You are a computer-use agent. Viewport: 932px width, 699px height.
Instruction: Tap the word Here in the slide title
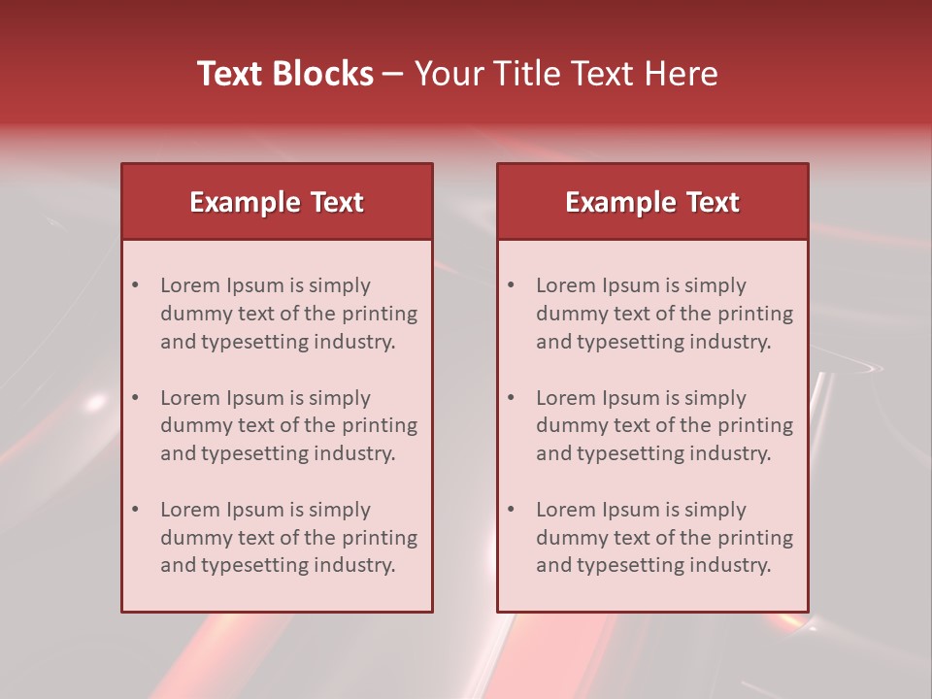click(x=683, y=74)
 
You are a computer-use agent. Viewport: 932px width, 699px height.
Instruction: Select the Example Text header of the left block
click(x=277, y=202)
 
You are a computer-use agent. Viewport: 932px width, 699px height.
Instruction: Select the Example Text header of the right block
click(x=652, y=202)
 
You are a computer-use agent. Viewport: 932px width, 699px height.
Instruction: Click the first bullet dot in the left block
click(x=136, y=285)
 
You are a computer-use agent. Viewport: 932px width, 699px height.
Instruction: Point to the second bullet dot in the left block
click(x=136, y=398)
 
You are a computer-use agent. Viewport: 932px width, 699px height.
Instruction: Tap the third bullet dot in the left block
click(x=136, y=510)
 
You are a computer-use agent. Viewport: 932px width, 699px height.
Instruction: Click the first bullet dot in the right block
click(x=512, y=285)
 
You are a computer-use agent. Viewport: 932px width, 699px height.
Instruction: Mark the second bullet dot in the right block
click(x=512, y=398)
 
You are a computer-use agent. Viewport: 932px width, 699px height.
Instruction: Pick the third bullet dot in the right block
click(x=512, y=510)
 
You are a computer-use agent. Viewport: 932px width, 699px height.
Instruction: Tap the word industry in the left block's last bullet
click(x=358, y=565)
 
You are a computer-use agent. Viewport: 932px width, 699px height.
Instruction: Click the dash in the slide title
click(x=393, y=74)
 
